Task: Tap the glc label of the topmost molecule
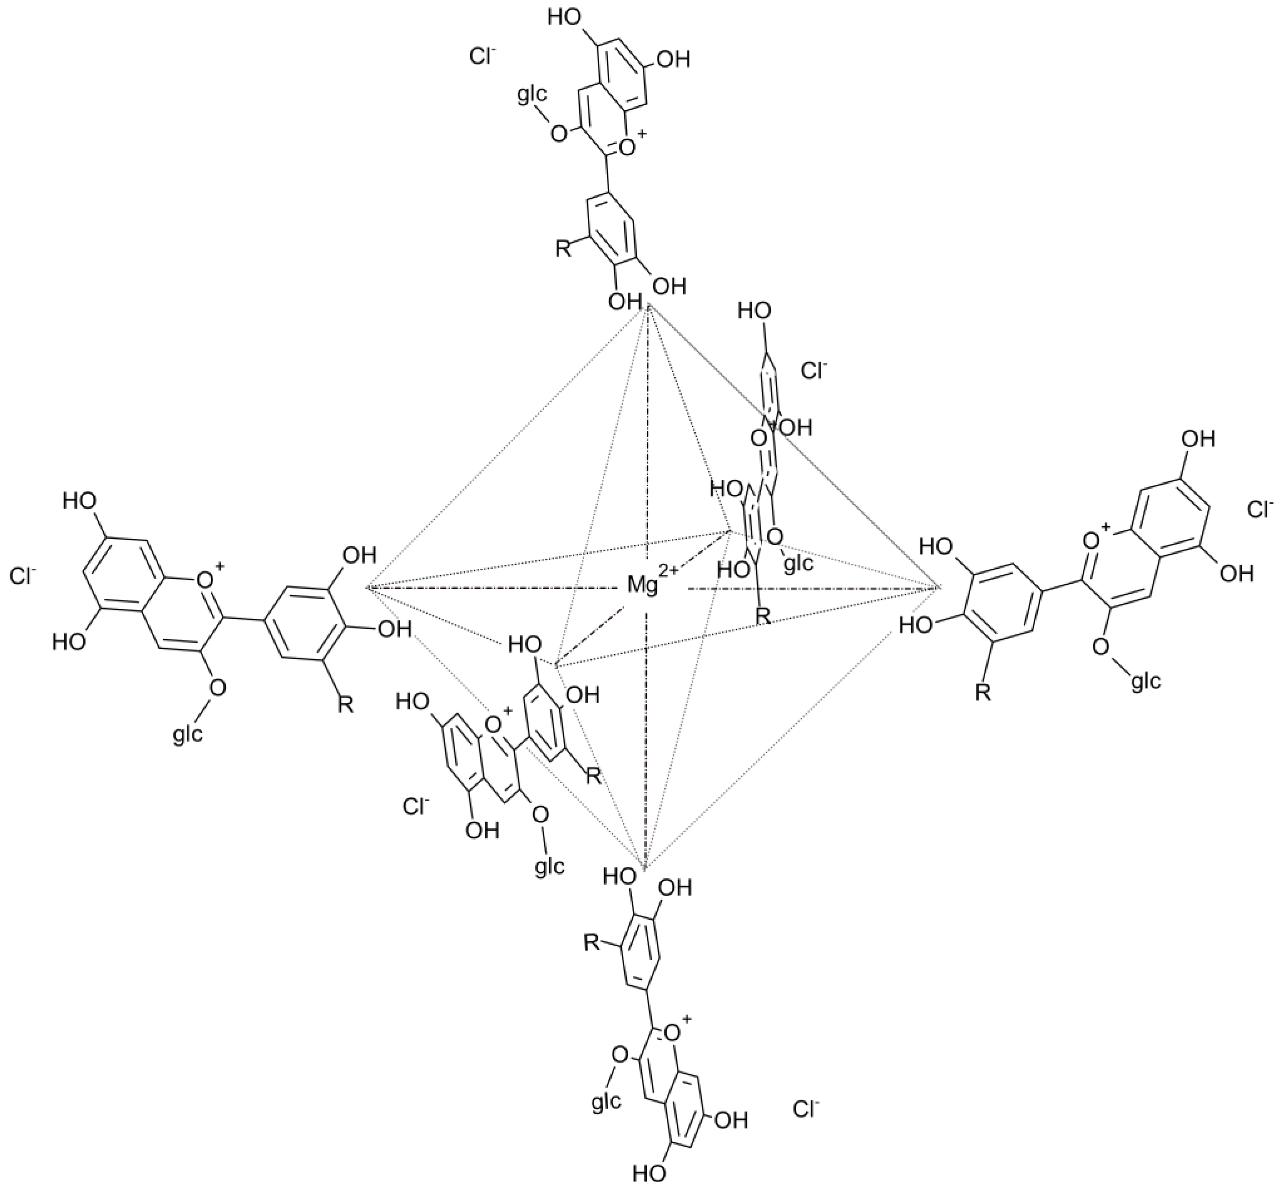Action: [533, 96]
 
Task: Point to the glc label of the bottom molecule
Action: [606, 1102]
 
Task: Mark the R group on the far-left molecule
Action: [345, 706]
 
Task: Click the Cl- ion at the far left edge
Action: [23, 575]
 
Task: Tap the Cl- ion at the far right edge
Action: [1261, 510]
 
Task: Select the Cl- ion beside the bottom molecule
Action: [805, 1109]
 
